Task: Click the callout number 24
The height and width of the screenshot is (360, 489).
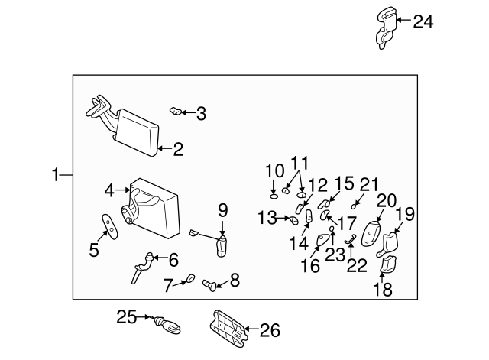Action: click(x=423, y=22)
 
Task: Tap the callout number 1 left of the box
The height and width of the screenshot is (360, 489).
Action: click(x=55, y=176)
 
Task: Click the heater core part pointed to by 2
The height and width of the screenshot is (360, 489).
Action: click(x=135, y=132)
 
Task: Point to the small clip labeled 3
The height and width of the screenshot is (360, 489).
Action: click(x=176, y=113)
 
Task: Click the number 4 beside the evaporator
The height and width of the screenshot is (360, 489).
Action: click(x=110, y=189)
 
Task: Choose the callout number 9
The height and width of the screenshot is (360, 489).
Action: click(x=223, y=209)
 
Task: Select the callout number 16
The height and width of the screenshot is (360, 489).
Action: click(x=309, y=267)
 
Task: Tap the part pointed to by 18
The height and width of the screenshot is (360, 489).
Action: click(x=388, y=264)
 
